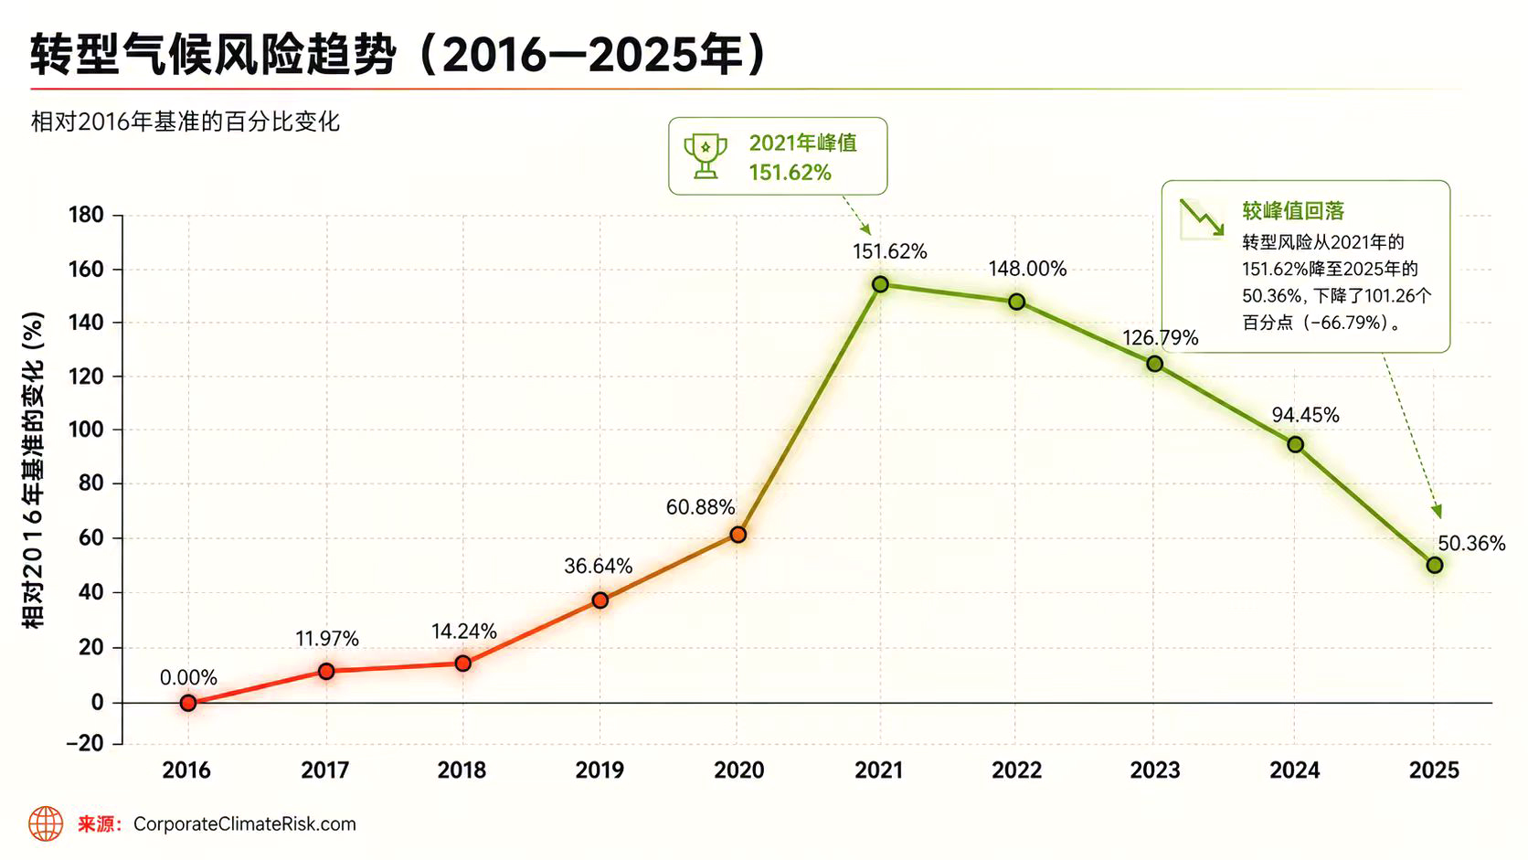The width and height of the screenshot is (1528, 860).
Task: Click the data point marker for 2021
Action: click(x=880, y=284)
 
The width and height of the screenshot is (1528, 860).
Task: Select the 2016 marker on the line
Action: click(x=188, y=703)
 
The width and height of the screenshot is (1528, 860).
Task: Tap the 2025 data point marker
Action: click(x=1435, y=566)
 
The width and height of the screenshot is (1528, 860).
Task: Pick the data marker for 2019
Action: click(x=600, y=600)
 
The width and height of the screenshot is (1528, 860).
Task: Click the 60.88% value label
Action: click(x=701, y=507)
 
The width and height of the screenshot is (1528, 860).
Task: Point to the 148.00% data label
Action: click(x=1027, y=269)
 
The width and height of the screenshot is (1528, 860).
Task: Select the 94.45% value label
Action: click(x=1306, y=415)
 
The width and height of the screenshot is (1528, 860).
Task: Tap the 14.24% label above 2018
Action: click(x=464, y=632)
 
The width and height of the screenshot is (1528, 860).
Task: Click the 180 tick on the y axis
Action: click(x=86, y=216)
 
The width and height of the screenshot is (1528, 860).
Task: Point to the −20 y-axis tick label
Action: click(x=85, y=743)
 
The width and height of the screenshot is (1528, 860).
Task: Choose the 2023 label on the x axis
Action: click(x=1155, y=770)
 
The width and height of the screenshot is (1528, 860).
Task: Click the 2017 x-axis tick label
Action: click(x=325, y=770)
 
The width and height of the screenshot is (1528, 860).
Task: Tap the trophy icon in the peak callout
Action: click(x=706, y=156)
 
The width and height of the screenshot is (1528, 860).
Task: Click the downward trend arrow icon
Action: click(x=1202, y=218)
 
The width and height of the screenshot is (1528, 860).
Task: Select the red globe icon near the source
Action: click(x=46, y=823)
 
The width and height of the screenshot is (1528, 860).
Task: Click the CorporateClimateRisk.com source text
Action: click(x=245, y=824)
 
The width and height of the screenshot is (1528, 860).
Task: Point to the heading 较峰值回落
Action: click(x=1292, y=211)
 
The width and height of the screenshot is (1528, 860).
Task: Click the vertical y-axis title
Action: click(x=33, y=469)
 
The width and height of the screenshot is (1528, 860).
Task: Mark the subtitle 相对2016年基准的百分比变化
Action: click(x=186, y=122)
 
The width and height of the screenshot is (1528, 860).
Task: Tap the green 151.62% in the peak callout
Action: click(x=790, y=173)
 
